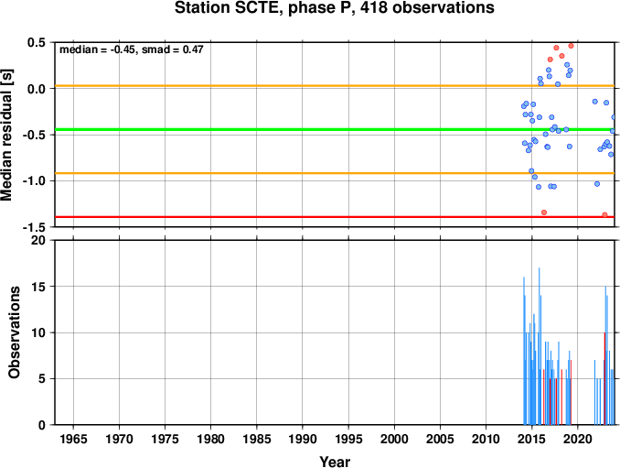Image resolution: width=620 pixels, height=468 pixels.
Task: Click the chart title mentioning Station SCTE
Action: [x=334, y=8]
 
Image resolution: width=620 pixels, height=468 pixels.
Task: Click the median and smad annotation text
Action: [x=132, y=49]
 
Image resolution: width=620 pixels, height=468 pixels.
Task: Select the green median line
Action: [x=335, y=129]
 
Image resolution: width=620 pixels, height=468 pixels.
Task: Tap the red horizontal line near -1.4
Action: [x=335, y=216]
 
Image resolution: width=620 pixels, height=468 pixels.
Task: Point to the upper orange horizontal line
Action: [x=335, y=86]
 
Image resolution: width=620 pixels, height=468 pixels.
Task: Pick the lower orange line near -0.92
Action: [x=335, y=173]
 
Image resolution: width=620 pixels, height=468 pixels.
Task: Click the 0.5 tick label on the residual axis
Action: [x=37, y=42]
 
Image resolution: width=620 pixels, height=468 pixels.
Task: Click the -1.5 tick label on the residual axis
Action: [x=34, y=227]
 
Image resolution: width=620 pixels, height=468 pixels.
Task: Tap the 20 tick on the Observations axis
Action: [x=38, y=240]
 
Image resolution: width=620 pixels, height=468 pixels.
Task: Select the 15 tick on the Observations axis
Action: [x=38, y=287]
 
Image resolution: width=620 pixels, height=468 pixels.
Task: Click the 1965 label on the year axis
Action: [x=73, y=439]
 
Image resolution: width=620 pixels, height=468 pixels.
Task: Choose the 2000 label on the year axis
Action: [x=394, y=439]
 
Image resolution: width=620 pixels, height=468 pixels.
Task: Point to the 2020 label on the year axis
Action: [x=578, y=439]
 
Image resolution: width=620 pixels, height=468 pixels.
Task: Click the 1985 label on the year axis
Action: [x=257, y=439]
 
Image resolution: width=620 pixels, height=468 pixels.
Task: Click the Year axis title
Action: [x=335, y=462]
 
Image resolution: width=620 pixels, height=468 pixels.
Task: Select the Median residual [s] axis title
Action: [x=6, y=135]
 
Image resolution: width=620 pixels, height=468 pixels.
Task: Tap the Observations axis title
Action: [x=14, y=332]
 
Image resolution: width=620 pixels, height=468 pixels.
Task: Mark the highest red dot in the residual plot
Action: [x=571, y=46]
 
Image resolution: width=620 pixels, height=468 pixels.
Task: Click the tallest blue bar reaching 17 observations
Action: [x=539, y=346]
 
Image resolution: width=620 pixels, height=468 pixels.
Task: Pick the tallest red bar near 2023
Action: [x=604, y=378]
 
